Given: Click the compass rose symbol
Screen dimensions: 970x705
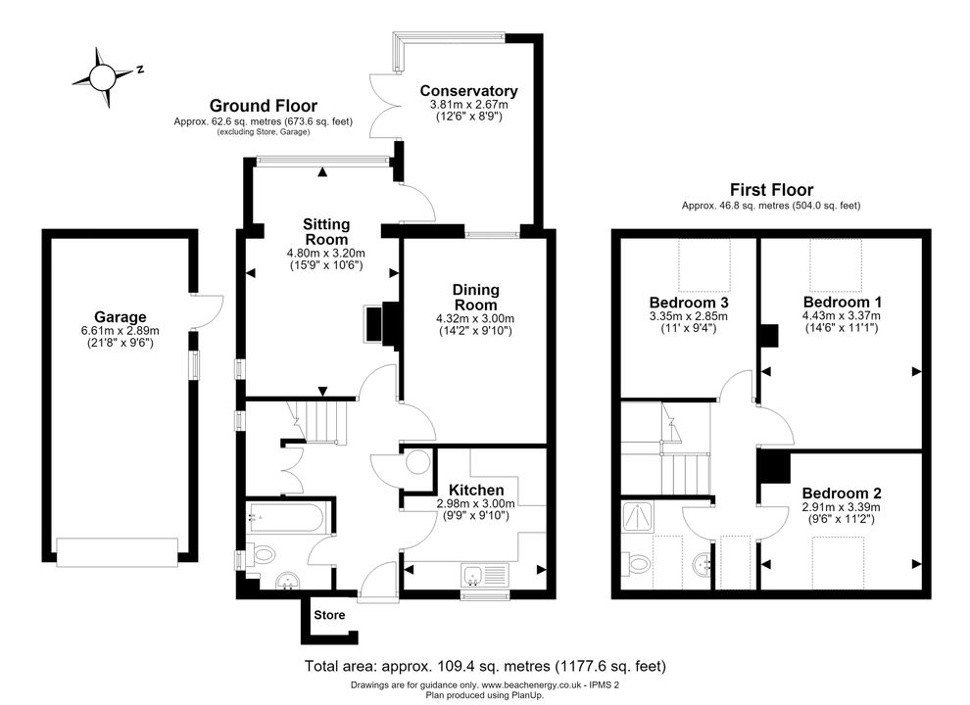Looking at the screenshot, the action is pos(102,77).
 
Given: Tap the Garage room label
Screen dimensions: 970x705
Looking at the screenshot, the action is pos(120,317).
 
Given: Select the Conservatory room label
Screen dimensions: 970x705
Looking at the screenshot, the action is pos(468,90).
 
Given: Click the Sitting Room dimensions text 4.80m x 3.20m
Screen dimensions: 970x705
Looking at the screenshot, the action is pos(326,253).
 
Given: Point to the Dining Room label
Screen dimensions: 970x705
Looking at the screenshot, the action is pos(476,297).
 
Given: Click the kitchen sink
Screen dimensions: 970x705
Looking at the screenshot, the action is pos(484,575).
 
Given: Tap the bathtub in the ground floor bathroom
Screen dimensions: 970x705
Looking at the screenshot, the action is pos(285,517).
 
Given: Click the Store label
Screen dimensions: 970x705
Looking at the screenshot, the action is pos(329,615).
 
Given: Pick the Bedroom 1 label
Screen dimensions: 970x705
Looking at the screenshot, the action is pos(842,302).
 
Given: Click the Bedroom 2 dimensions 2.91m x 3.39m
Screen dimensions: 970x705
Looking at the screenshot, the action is pos(842,507).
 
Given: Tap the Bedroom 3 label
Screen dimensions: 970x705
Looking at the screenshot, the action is pos(689,303).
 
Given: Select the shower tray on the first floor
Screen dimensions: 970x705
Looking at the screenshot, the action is pos(637,517).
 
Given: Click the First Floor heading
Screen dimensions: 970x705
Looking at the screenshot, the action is pos(771,189).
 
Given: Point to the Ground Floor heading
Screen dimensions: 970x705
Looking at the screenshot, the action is pos(263,106).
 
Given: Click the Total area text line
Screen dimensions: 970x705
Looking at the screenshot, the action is pos(485,666).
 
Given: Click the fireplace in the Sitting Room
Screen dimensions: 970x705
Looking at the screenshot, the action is pos(381,324).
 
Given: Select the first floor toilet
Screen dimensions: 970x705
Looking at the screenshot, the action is pos(637,563).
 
